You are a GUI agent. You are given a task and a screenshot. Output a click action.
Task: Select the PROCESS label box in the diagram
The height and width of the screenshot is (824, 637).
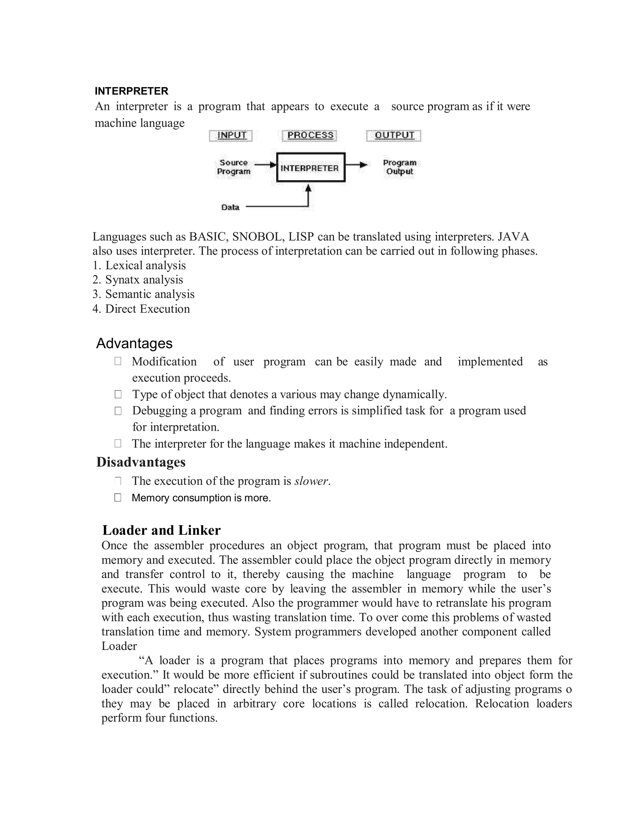(x=310, y=136)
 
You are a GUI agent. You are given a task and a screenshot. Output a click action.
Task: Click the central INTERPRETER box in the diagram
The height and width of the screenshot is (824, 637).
(x=311, y=168)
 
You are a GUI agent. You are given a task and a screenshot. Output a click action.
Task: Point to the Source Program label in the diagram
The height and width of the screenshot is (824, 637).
(x=234, y=167)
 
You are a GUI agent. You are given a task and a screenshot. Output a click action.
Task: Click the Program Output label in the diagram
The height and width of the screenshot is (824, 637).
(x=399, y=167)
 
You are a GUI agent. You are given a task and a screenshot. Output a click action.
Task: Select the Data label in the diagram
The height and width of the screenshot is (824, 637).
(x=230, y=207)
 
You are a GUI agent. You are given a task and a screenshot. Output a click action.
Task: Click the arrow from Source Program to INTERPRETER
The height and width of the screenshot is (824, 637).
(x=266, y=164)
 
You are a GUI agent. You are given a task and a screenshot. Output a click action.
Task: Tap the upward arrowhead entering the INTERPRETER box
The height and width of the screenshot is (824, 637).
(x=309, y=188)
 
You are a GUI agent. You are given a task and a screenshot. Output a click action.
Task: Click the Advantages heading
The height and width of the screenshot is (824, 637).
(x=134, y=343)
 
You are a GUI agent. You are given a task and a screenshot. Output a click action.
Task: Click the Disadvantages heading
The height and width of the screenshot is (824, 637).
(x=141, y=462)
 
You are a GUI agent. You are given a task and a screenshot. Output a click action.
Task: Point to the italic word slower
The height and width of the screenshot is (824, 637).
(x=311, y=481)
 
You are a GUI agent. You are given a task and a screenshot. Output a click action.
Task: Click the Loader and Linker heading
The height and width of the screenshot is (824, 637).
(x=161, y=530)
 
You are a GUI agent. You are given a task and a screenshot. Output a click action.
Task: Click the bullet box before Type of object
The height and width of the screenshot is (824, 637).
(x=118, y=394)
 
